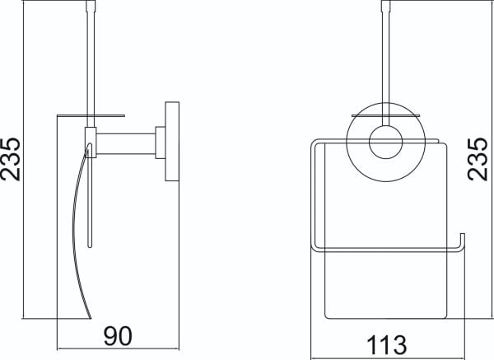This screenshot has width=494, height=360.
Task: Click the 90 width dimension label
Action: pyautogui.click(x=118, y=336)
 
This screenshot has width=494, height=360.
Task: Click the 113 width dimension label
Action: pyautogui.click(x=387, y=345)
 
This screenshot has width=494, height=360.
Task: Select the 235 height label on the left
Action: pyautogui.click(x=11, y=160)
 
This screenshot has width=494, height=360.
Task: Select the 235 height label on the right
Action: pyautogui.click(x=478, y=160)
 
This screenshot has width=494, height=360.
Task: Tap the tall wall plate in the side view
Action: pyautogui.click(x=172, y=141)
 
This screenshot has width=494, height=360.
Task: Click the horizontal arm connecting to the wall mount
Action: pyautogui.click(x=126, y=144)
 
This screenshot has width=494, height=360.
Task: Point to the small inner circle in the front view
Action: pyautogui.click(x=386, y=143)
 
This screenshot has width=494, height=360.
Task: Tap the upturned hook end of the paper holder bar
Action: pyautogui.click(x=462, y=241)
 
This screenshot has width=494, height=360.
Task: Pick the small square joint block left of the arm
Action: pyautogui.click(x=91, y=143)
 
